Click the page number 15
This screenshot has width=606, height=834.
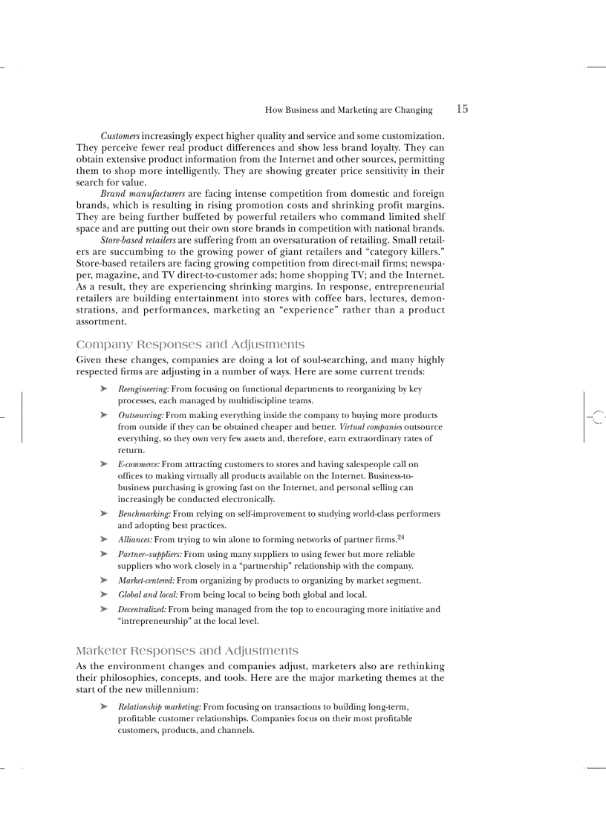(462, 109)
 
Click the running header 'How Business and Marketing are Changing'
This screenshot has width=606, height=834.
(348, 110)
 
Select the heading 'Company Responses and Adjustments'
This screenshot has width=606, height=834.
(190, 345)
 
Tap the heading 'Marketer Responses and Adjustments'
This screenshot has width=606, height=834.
(187, 651)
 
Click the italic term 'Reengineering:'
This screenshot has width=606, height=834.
(144, 388)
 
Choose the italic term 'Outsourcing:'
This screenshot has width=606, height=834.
(141, 415)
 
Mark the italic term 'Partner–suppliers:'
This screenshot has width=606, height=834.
(150, 554)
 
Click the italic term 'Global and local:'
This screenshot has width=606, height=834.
(148, 594)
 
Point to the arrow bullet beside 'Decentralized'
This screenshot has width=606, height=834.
(104, 609)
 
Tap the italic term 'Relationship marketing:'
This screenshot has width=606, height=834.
(160, 706)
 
